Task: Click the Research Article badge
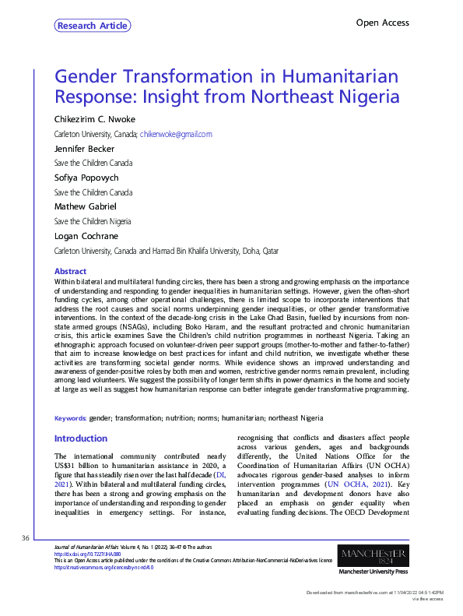[x=93, y=26]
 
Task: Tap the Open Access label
[x=382, y=23]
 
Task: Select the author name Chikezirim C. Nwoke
[x=94, y=120]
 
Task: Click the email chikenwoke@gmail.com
[x=176, y=134]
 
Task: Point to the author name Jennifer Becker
[x=84, y=149]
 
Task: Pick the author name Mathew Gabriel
[x=84, y=206]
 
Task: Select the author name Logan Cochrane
[x=84, y=236]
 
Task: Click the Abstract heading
[x=70, y=271]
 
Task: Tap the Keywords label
[x=70, y=417]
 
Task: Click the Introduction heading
[x=81, y=438]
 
